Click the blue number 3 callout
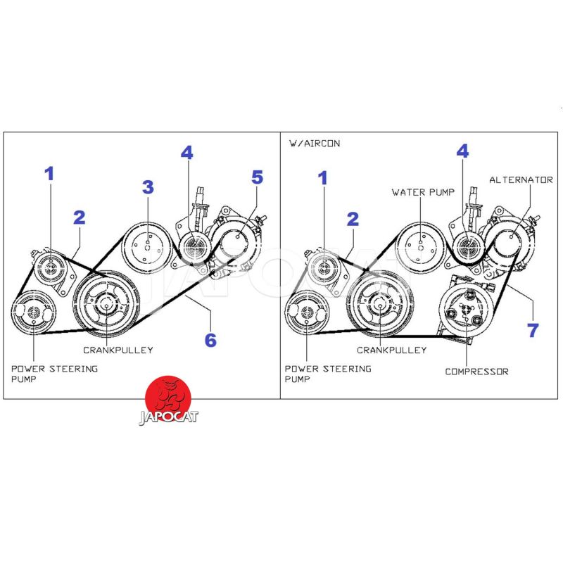pos(148,187)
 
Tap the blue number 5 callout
pos(257,177)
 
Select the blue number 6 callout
pos(210,340)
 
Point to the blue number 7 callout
pos(533,330)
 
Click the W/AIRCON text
pos(315,144)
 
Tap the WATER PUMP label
pos(423,192)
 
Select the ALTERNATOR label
pos(521,180)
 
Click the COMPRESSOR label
pos(477,372)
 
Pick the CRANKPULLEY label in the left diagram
pos(118,350)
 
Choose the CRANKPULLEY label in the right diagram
pos(392,350)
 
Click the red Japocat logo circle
pos(167,398)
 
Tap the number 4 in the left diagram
pos(186,153)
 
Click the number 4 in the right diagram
pos(462,151)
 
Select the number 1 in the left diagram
pos(49,174)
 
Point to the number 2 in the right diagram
pos(353,219)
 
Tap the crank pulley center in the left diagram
pos(106,305)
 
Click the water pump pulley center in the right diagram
pos(421,247)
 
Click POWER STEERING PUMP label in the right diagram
pos(328,374)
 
